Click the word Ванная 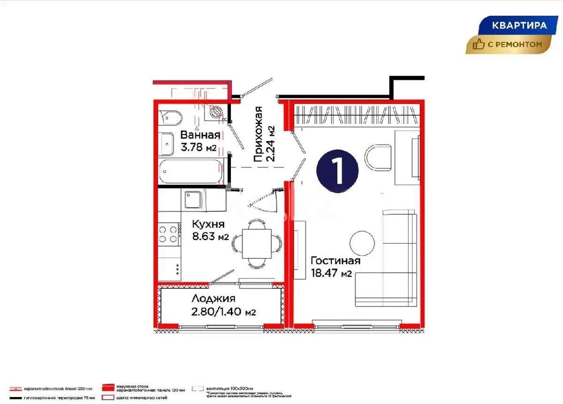coord(200,136)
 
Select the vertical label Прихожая coord(258,135)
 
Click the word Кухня coord(209,224)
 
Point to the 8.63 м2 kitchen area coord(210,236)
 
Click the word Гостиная coord(335,261)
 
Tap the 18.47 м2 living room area coord(331,274)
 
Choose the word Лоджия coord(213,298)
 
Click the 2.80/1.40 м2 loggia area coord(223,311)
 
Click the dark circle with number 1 coord(337,170)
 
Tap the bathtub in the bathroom coord(190,172)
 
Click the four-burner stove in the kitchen coord(169,235)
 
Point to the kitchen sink coord(192,200)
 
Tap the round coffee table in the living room coord(363,242)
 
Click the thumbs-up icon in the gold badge coord(479,45)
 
